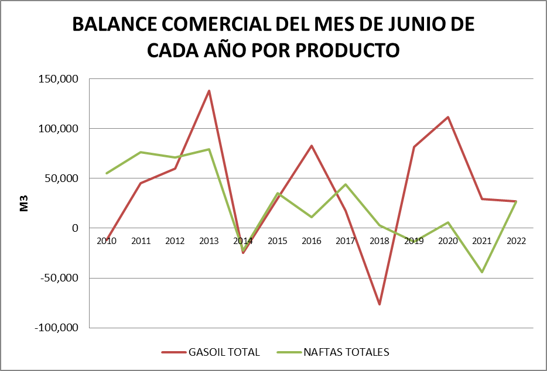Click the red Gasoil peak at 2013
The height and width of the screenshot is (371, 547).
tap(209, 91)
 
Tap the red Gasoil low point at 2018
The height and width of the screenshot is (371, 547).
tap(380, 304)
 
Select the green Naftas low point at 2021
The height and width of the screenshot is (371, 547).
tap(482, 272)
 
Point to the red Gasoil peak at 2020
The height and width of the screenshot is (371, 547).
tap(448, 117)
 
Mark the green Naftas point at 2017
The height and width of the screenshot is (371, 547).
tap(346, 184)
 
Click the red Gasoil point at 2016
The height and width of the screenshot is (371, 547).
tap(312, 146)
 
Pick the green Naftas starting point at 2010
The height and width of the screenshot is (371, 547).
tap(107, 173)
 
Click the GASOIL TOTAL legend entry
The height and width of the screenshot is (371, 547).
tap(211, 352)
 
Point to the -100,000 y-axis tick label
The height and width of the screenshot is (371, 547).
tap(57, 328)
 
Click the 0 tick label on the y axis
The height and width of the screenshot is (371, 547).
tap(74, 228)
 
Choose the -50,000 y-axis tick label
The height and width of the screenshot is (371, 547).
tap(59, 278)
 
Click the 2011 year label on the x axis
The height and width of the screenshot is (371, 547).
tap(141, 241)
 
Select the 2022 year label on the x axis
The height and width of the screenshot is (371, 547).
tap(516, 241)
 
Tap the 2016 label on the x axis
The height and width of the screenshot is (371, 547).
tap(312, 241)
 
